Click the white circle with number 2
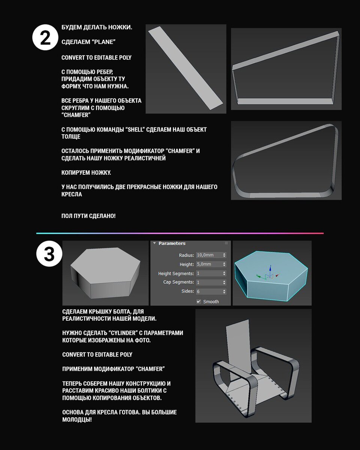(45, 37)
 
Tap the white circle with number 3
(49, 253)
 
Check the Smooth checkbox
(198, 301)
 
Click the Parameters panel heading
(172, 243)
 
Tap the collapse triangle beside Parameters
(154, 243)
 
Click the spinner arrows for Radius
(224, 255)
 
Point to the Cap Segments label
(178, 282)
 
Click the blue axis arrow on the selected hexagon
(270, 269)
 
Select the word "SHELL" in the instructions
(135, 129)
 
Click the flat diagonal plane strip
(186, 68)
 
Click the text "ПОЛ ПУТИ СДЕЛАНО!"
(88, 216)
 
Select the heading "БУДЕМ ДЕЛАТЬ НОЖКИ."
(97, 27)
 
